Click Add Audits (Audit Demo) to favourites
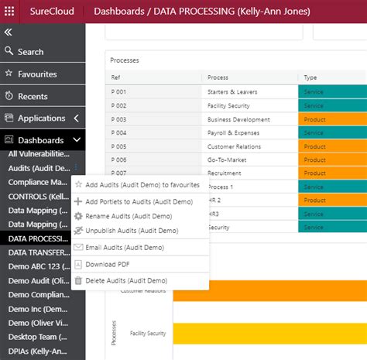click(142, 185)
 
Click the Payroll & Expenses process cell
click(233, 133)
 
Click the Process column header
click(218, 77)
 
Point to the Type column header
click(310, 77)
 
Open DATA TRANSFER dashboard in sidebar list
click(39, 252)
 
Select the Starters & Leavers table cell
click(232, 92)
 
